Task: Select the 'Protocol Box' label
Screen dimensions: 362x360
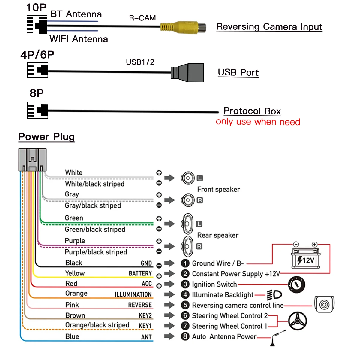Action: tap(252, 111)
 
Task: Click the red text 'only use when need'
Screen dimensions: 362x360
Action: tap(258, 122)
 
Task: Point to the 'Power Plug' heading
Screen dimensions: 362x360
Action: tap(46, 137)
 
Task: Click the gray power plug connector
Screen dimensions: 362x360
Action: tap(32, 160)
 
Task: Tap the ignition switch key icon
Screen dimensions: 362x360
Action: tap(297, 284)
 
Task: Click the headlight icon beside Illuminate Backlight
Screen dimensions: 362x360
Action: tap(274, 295)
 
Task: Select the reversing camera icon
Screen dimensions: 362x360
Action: tap(324, 304)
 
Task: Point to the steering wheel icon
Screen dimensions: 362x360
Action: tap(297, 321)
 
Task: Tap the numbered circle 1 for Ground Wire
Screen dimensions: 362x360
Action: tap(185, 263)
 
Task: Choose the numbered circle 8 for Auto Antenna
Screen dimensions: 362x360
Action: tap(185, 336)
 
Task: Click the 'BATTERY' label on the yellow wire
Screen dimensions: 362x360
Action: tap(140, 273)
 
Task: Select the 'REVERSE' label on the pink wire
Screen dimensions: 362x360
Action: tap(140, 305)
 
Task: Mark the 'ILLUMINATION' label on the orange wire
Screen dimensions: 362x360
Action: tap(133, 294)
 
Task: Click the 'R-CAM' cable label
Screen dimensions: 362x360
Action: tap(142, 18)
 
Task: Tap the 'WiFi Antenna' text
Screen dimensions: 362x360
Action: tap(79, 39)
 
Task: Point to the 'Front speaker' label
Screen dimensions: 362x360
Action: tap(218, 190)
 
